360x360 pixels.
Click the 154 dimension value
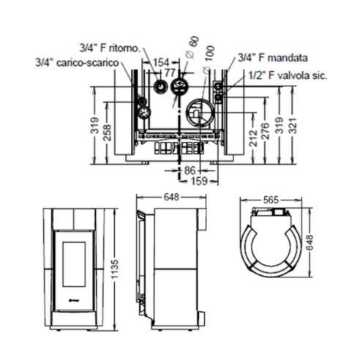161,63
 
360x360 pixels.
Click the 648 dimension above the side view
171,196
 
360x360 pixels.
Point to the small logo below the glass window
74,299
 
